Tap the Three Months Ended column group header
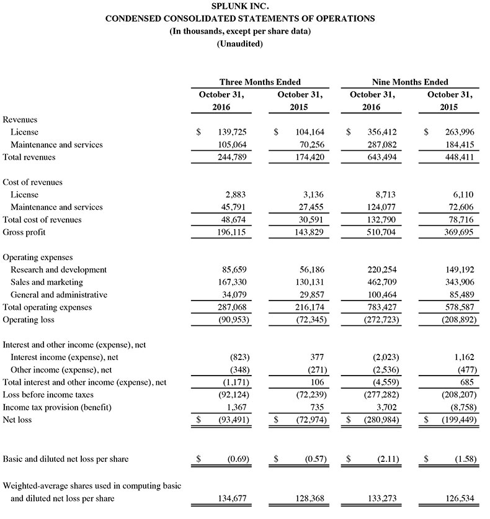[260, 82]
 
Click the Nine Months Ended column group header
[410, 82]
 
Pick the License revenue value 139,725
[230, 132]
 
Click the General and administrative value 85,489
[457, 295]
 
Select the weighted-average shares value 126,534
[457, 498]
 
